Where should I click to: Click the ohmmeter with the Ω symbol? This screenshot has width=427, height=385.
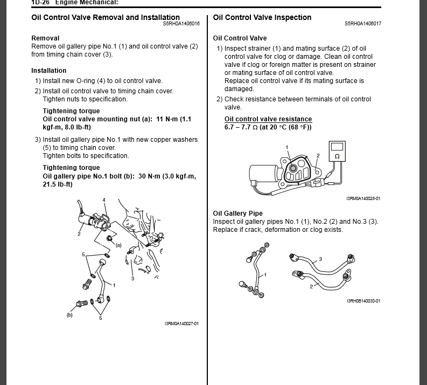click(x=337, y=150)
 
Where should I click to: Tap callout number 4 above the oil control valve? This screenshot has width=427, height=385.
click(x=104, y=200)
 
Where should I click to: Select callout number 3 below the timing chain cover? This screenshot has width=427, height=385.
click(x=132, y=278)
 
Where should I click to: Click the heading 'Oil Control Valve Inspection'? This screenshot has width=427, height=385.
click(x=262, y=17)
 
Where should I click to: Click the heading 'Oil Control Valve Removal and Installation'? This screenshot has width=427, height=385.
click(x=106, y=17)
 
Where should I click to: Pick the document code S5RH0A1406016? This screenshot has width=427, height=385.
click(x=181, y=24)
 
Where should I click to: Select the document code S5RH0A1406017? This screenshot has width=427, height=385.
click(x=363, y=24)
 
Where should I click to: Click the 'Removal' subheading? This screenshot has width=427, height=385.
click(x=45, y=38)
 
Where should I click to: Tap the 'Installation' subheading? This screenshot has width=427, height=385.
click(x=49, y=71)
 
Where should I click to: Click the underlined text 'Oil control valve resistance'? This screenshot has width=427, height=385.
click(x=268, y=119)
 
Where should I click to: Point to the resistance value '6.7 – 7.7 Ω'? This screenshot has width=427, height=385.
click(x=241, y=127)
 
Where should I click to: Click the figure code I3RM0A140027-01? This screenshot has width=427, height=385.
click(x=181, y=324)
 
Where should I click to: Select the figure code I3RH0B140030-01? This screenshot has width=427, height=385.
click(x=363, y=301)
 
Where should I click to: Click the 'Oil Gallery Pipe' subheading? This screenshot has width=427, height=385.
click(x=237, y=214)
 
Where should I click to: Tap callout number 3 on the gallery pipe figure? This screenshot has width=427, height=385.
click(x=320, y=259)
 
